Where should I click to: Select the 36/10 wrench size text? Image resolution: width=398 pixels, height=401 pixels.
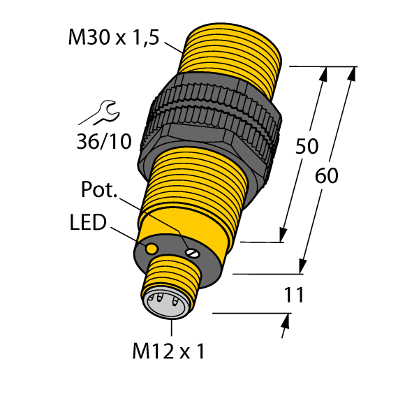point(103,142)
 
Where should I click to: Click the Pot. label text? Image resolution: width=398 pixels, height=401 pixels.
point(100,191)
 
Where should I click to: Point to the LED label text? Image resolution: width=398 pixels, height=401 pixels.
point(88,224)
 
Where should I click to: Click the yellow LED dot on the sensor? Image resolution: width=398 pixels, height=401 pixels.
point(151,249)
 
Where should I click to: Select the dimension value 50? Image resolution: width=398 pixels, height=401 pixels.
point(307,147)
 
